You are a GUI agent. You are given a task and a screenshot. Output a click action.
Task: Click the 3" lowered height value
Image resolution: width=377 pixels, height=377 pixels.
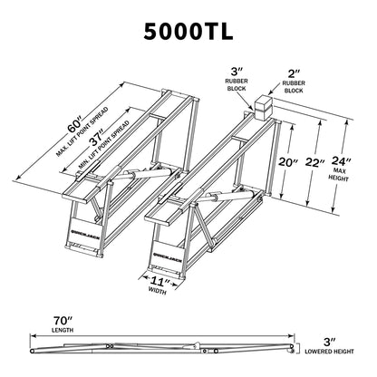330,338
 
